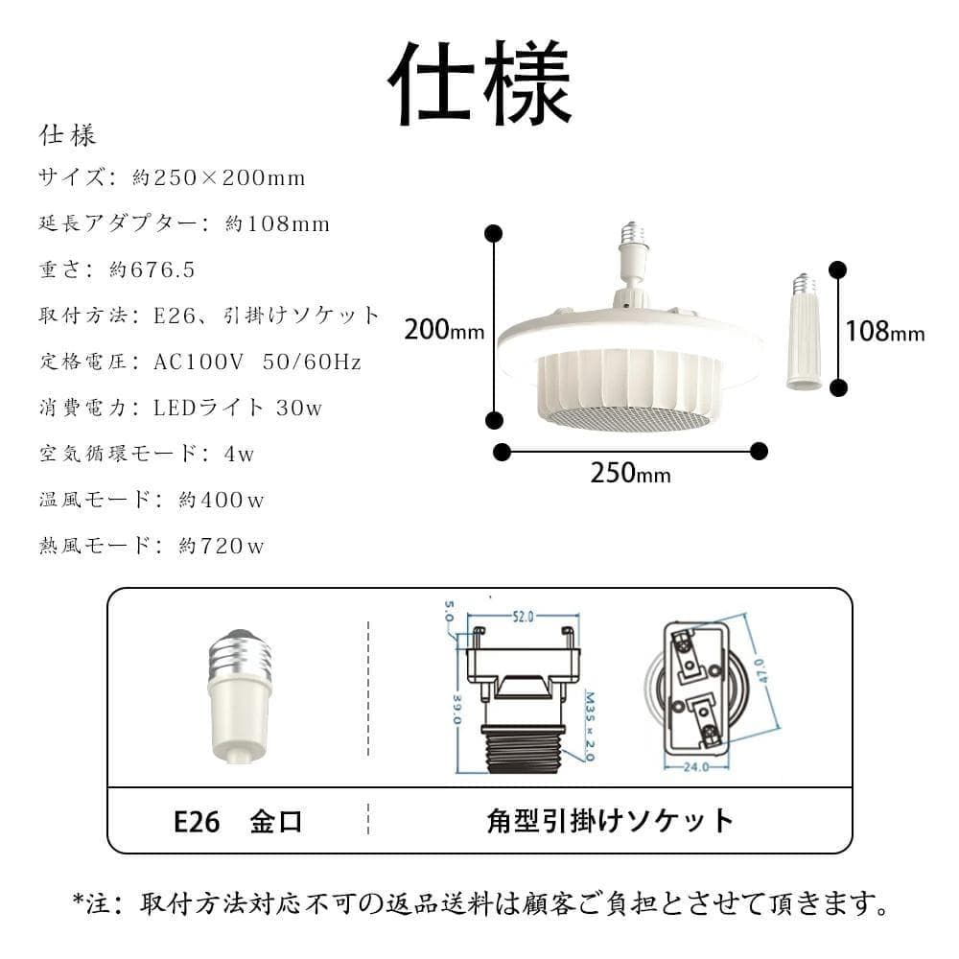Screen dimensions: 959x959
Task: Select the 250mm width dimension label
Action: (x=630, y=474)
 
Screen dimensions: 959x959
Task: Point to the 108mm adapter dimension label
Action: (x=884, y=333)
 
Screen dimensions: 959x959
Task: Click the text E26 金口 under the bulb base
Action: (x=238, y=822)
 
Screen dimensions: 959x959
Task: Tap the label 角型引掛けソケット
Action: (x=610, y=822)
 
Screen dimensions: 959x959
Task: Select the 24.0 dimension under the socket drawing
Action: (x=696, y=766)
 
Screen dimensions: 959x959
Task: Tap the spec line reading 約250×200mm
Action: (x=220, y=178)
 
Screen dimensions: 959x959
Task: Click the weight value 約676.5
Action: (x=152, y=270)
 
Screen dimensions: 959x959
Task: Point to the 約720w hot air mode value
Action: (x=222, y=547)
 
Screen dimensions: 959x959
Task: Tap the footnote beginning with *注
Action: (x=479, y=903)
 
